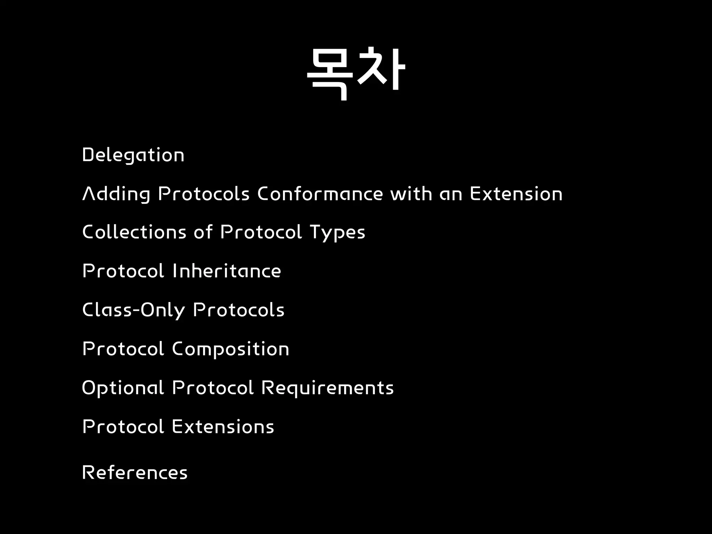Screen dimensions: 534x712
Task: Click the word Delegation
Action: [133, 155]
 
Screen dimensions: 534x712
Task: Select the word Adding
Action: [116, 194]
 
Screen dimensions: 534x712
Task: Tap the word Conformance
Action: [320, 194]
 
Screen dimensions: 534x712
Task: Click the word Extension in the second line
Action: [516, 194]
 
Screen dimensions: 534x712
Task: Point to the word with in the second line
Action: [411, 194]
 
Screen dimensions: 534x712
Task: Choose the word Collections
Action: [134, 232]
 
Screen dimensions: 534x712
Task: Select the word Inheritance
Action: [227, 271]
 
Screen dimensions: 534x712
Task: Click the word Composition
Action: [230, 349]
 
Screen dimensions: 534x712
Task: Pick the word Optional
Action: [123, 388]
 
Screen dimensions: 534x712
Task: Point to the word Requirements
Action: [327, 388]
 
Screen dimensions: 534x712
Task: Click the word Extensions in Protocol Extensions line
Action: [223, 427]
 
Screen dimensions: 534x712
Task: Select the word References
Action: [135, 472]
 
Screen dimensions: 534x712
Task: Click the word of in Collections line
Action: [203, 232]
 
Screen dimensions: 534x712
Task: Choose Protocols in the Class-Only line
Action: [239, 310]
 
